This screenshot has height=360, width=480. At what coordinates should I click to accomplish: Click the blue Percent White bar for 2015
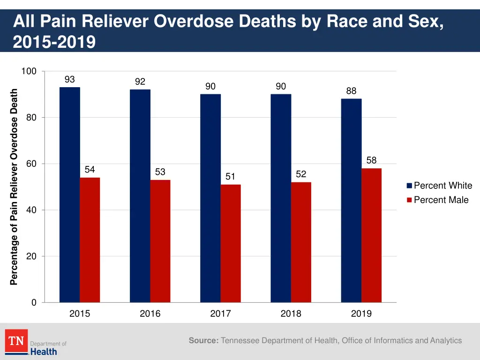click(69, 195)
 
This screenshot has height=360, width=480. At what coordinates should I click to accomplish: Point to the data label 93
click(69, 80)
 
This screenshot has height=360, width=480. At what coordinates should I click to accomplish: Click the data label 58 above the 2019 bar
click(371, 160)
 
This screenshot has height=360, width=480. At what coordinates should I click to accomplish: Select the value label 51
click(230, 177)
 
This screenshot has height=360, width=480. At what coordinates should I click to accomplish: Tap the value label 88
click(351, 91)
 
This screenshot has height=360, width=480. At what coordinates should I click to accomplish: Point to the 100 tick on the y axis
click(29, 71)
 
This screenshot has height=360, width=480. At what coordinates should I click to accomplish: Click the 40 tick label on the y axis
click(31, 210)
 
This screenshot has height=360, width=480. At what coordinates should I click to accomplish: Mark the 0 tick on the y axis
click(34, 303)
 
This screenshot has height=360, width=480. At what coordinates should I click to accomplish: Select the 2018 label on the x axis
click(291, 314)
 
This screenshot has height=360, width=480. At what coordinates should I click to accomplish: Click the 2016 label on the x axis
click(150, 314)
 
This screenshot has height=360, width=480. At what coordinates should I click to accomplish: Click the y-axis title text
click(14, 187)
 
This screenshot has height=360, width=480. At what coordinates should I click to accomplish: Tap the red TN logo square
click(16, 341)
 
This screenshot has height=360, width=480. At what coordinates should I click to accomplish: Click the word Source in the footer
click(203, 341)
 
